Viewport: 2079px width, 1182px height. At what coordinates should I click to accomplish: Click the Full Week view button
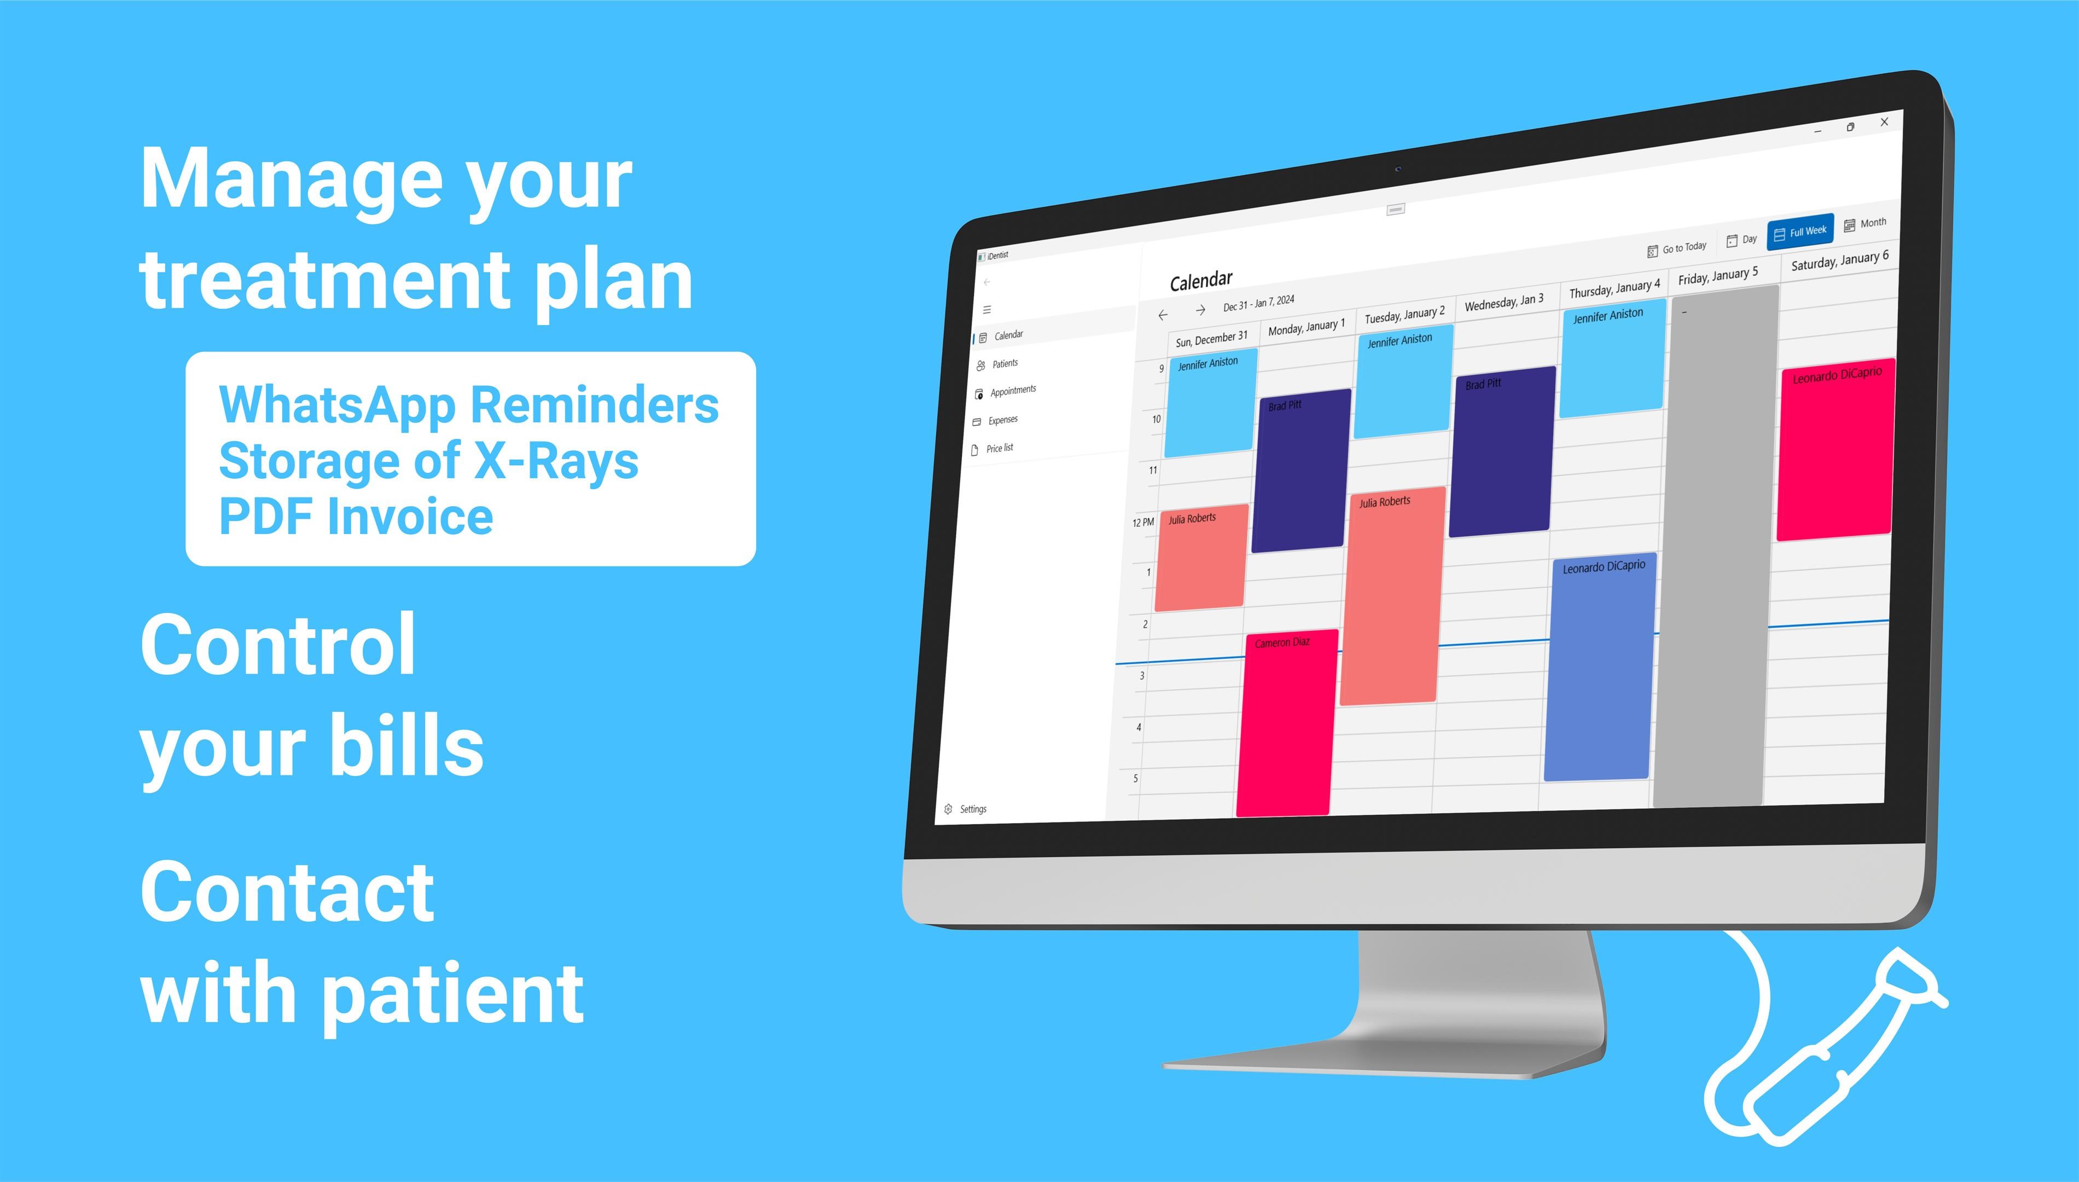[1800, 232]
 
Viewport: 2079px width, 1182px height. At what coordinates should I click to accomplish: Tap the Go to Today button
[1676, 248]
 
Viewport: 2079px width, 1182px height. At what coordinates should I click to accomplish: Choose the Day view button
[1741, 240]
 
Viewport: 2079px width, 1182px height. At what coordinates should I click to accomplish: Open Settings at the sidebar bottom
[965, 809]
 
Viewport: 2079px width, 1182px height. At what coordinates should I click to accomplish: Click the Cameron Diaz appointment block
[1286, 722]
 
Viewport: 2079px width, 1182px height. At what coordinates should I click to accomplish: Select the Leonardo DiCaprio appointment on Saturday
[1836, 449]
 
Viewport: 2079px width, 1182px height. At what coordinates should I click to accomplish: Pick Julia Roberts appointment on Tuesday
[1392, 595]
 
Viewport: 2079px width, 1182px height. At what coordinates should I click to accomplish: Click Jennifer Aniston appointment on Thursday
[1612, 358]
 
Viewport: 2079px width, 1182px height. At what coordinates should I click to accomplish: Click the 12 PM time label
[1142, 522]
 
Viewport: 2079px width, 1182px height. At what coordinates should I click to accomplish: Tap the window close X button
[1884, 122]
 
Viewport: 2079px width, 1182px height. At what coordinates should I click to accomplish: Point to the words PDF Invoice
[356, 517]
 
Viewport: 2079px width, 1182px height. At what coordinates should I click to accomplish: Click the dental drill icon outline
[1826, 1047]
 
